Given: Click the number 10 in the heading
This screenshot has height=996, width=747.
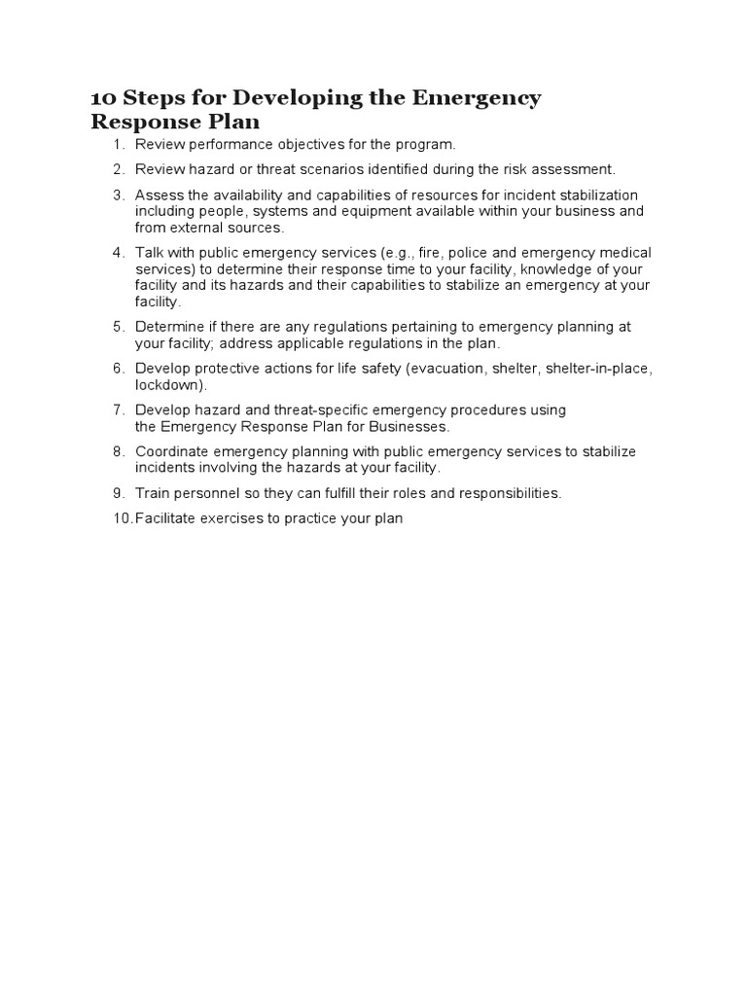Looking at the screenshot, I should [x=102, y=98].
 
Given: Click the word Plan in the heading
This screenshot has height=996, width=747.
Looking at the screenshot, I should [x=233, y=123].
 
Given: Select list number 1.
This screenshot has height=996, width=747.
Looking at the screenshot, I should [x=118, y=145].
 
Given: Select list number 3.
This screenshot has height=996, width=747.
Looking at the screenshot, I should [x=118, y=195].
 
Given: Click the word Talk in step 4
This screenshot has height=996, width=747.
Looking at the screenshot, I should [x=150, y=252].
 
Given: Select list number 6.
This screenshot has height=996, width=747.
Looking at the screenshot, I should [x=118, y=369].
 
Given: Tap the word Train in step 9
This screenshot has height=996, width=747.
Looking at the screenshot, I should [x=152, y=493].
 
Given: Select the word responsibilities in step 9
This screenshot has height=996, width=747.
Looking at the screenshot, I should [x=505, y=493].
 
